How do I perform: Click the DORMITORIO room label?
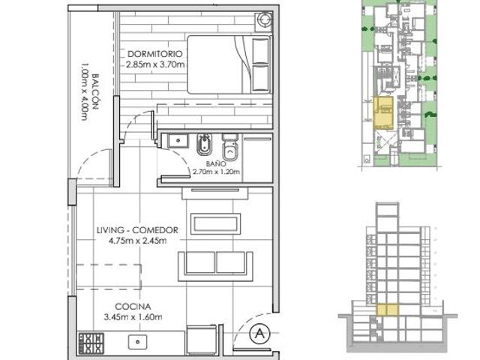click(x=155, y=54)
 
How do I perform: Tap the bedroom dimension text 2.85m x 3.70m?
click(x=155, y=64)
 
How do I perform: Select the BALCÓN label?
click(x=95, y=91)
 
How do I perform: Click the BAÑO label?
click(x=216, y=163)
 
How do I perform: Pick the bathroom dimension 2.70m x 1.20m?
click(x=216, y=172)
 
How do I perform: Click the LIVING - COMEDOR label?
click(x=137, y=230)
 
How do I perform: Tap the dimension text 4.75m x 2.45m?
click(x=137, y=241)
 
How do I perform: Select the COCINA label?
click(x=133, y=307)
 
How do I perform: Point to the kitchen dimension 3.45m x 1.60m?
click(x=133, y=317)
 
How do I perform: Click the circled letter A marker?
click(x=260, y=333)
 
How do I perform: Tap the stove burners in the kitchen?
click(x=91, y=343)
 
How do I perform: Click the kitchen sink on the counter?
click(x=137, y=342)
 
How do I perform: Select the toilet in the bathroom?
click(x=230, y=147)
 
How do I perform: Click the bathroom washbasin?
click(x=178, y=141)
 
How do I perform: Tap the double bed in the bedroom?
click(x=229, y=64)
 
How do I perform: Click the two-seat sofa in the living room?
click(x=215, y=266)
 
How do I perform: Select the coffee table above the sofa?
click(x=215, y=223)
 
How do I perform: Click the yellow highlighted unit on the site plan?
click(x=383, y=113)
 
